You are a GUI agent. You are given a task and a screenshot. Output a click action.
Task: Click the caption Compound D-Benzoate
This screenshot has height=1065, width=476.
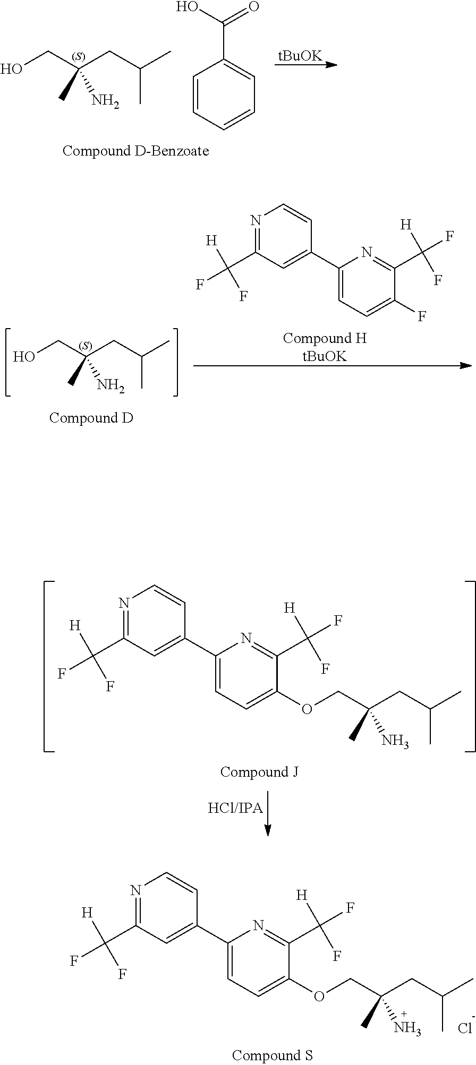click(x=135, y=151)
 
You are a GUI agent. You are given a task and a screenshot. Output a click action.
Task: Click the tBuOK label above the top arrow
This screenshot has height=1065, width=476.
click(x=300, y=56)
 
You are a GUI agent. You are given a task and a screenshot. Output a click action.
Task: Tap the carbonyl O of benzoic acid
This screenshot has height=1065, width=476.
click(x=253, y=7)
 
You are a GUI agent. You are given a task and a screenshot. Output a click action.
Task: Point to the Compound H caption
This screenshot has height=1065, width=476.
click(x=325, y=338)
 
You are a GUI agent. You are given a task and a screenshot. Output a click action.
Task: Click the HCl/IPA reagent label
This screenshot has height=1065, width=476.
click(x=235, y=808)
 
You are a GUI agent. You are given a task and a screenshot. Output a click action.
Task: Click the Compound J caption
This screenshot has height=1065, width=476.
click(x=259, y=771)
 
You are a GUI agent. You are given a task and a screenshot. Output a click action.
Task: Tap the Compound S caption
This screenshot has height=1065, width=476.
click(x=273, y=1054)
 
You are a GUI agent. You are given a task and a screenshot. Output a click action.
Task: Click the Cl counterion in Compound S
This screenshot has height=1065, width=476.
click(x=465, y=1027)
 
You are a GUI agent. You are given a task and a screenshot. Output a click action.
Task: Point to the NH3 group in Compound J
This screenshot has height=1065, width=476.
click(x=395, y=740)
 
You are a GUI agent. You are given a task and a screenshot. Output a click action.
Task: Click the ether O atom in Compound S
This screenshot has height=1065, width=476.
click(x=319, y=995)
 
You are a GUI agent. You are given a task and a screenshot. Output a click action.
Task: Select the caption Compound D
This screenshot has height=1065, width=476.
click(x=91, y=417)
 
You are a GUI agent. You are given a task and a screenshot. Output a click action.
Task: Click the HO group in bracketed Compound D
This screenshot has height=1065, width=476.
click(x=24, y=356)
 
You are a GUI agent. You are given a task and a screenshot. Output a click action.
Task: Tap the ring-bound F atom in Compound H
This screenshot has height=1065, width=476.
click(x=422, y=317)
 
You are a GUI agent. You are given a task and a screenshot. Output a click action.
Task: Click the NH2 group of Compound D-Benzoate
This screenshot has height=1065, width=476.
click(x=105, y=101)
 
